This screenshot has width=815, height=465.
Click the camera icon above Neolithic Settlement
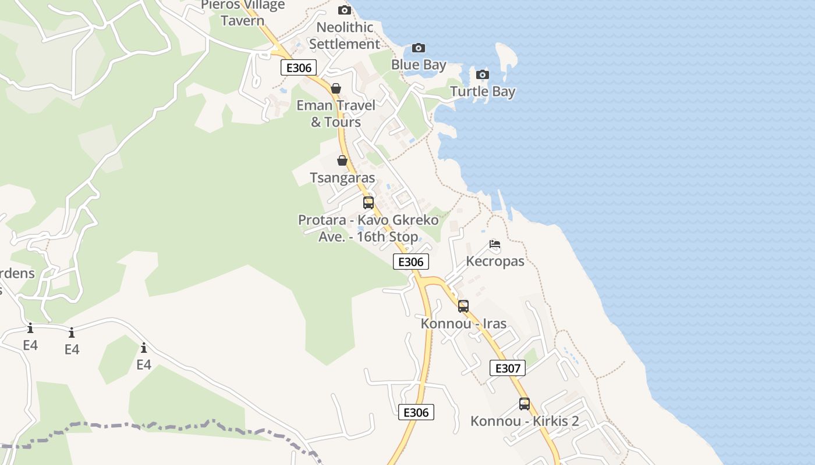345,10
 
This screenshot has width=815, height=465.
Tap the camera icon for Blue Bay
418,48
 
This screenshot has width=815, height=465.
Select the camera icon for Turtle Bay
482,74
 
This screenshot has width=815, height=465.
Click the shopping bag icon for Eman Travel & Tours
336,88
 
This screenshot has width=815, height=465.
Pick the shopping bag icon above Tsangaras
342,160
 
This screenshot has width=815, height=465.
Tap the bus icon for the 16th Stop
368,203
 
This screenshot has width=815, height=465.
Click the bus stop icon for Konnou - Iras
463,306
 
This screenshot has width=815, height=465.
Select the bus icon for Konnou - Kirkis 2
525,404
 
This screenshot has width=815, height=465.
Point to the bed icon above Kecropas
495,244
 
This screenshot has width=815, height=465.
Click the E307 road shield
508,368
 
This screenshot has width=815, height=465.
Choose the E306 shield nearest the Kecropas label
411,262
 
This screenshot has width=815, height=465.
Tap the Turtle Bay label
483,91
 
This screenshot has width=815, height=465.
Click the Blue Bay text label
419,65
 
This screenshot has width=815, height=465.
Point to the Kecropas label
495,261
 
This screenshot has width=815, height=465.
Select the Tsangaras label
342,177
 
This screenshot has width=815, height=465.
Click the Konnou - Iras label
463,323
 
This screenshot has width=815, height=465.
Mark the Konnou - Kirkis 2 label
525,421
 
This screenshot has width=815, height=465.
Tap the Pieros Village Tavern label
243,13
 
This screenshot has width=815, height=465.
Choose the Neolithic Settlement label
345,35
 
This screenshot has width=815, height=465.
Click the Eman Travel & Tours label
336,113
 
